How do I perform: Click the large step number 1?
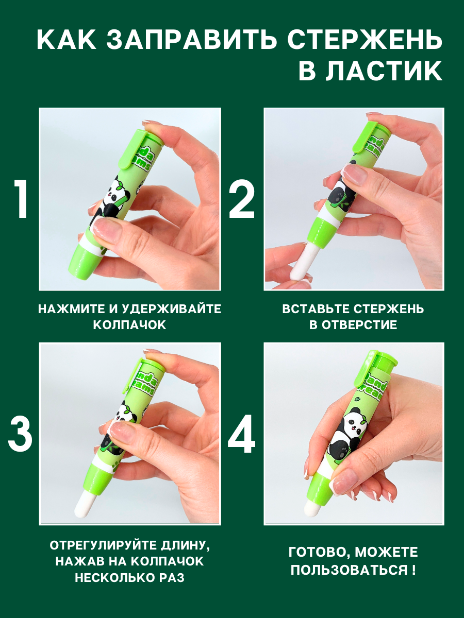(22, 199)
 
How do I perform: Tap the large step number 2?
(242, 199)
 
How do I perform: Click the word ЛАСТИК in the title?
(371, 71)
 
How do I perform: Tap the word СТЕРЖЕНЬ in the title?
(365, 40)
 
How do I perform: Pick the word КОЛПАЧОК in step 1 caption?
(129, 325)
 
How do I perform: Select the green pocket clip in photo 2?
(363, 137)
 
